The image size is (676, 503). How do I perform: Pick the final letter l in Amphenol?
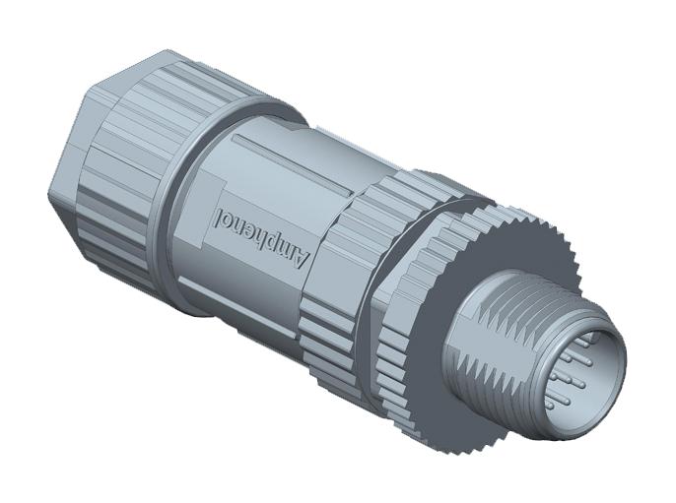219,210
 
